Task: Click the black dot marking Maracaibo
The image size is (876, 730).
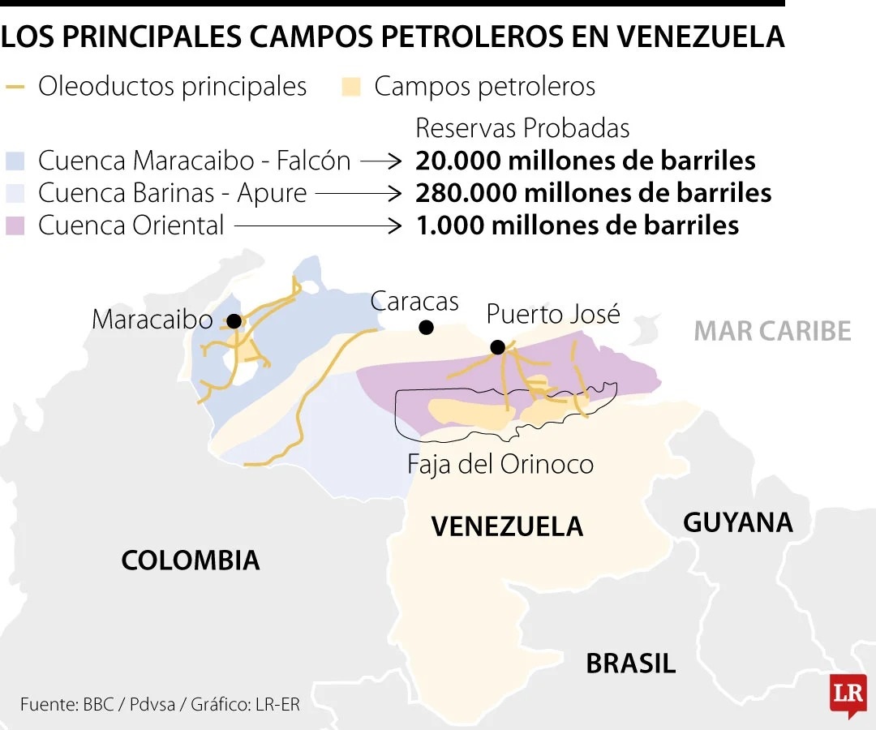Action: pyautogui.click(x=234, y=321)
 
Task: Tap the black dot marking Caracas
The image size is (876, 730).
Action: pyautogui.click(x=426, y=328)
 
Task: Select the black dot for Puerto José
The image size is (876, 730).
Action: pyautogui.click(x=498, y=347)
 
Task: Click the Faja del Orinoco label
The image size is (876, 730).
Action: pyautogui.click(x=500, y=464)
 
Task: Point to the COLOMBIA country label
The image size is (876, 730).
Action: pyautogui.click(x=191, y=560)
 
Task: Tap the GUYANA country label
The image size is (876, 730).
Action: pyautogui.click(x=737, y=522)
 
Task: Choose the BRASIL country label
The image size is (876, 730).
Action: pyautogui.click(x=630, y=663)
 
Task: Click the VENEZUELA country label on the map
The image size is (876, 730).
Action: pyautogui.click(x=507, y=526)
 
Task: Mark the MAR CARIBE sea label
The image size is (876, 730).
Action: pyautogui.click(x=772, y=331)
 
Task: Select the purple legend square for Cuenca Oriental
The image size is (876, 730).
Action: pyautogui.click(x=15, y=225)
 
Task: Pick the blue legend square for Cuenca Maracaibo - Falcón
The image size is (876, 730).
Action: pyautogui.click(x=15, y=160)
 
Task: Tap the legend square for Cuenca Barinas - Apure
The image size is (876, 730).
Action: pyautogui.click(x=15, y=192)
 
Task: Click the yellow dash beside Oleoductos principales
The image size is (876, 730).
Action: pyautogui.click(x=14, y=87)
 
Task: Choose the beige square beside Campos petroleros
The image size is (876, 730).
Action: pyautogui.click(x=350, y=87)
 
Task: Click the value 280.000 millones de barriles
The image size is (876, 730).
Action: pyautogui.click(x=593, y=193)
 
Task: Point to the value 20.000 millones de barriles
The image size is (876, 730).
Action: pyautogui.click(x=586, y=161)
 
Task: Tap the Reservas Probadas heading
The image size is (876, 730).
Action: pyautogui.click(x=522, y=128)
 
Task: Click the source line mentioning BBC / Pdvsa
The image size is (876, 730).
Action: pyautogui.click(x=160, y=704)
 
